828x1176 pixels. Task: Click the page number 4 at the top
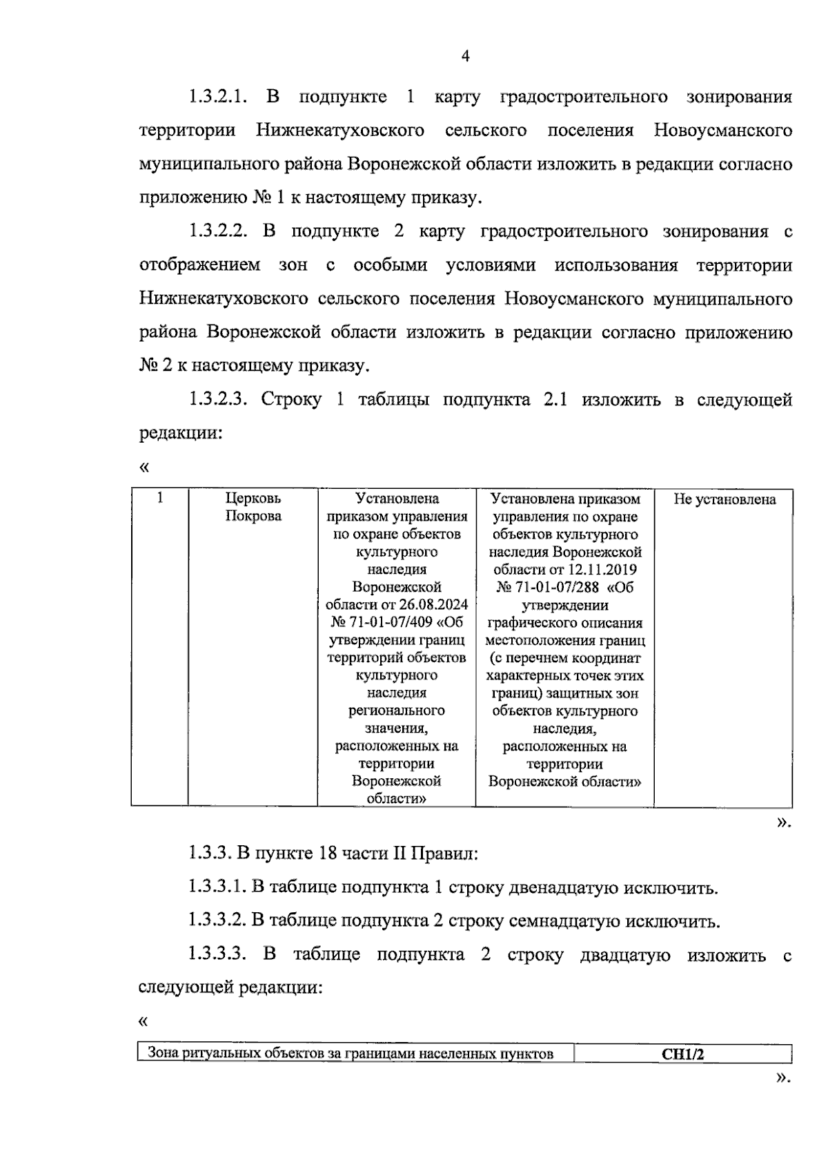(465, 57)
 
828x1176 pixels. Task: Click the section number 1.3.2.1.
(217, 97)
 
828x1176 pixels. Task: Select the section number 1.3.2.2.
(217, 231)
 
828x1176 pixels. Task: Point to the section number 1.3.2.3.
(217, 400)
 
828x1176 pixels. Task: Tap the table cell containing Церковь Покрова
(253, 508)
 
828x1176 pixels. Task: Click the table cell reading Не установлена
(724, 500)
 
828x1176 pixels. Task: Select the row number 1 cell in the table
(160, 498)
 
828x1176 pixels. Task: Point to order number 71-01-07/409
(391, 622)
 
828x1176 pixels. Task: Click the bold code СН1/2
(682, 1054)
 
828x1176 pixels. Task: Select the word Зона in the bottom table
(164, 1054)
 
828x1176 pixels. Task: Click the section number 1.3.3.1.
(217, 887)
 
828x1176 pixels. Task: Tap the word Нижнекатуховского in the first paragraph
(339, 131)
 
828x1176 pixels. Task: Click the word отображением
(200, 265)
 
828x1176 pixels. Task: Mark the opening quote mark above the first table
(144, 467)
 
